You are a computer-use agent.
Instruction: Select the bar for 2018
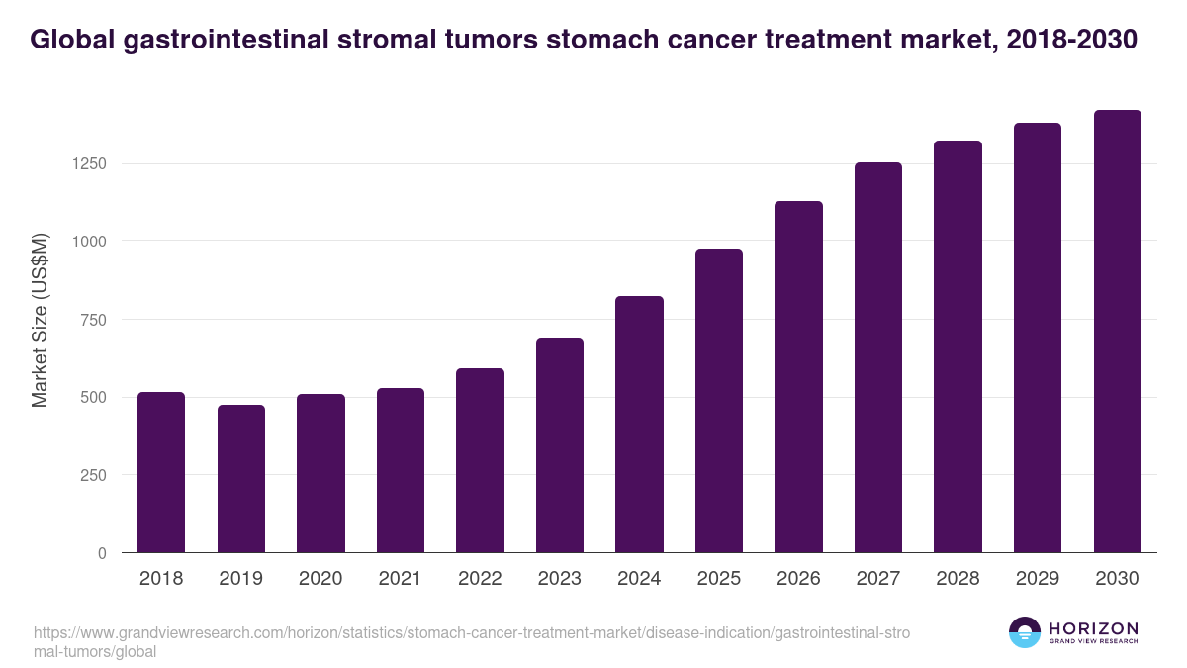click(161, 472)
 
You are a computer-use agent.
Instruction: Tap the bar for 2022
click(480, 460)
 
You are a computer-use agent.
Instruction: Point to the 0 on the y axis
click(102, 553)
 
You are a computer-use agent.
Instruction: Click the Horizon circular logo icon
click(1025, 632)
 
